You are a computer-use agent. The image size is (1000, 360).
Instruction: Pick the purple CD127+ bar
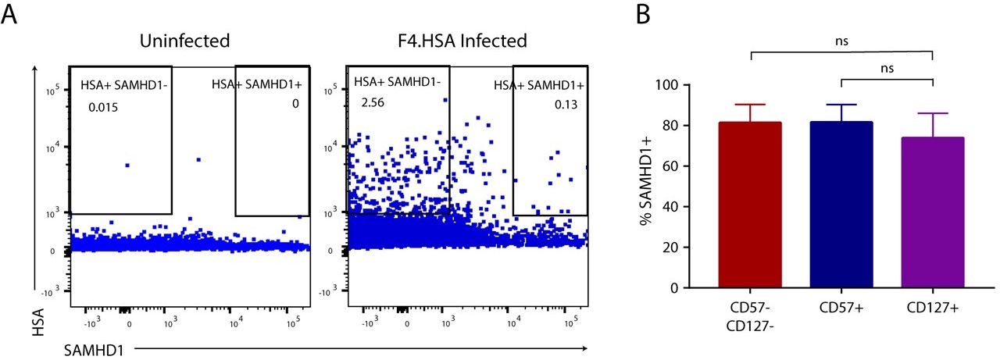coord(933,212)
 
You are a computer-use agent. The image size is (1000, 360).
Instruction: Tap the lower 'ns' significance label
coord(887,68)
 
